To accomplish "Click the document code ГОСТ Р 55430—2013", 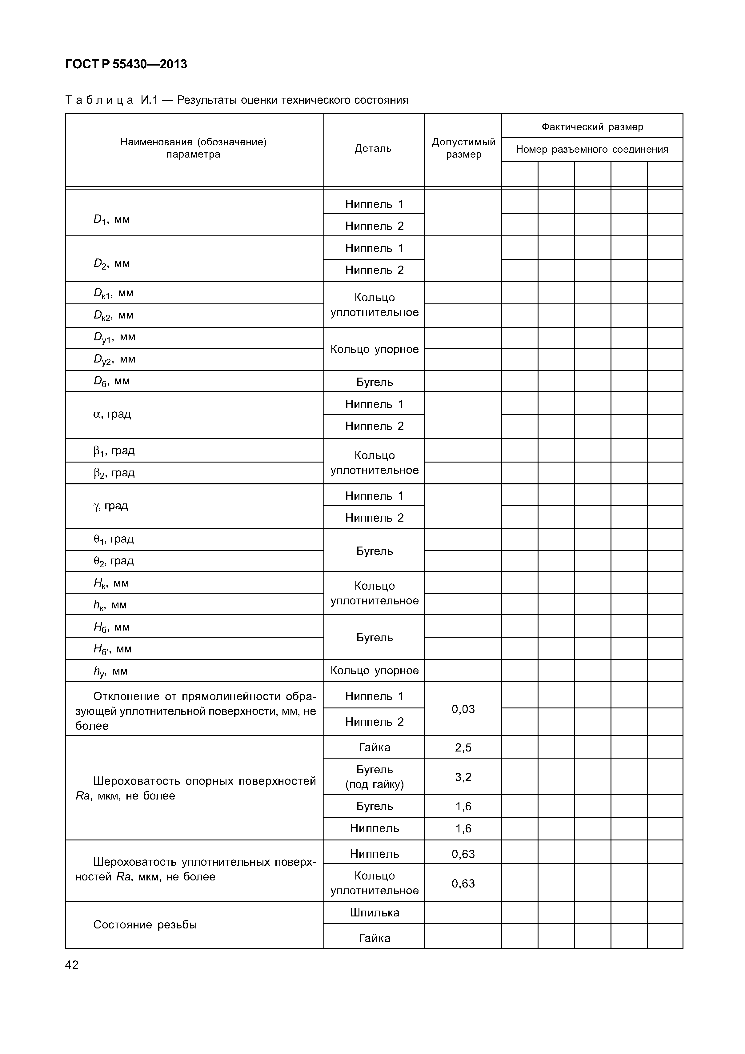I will coord(126,64).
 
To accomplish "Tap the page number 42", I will coord(72,964).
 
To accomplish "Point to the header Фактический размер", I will coord(592,127).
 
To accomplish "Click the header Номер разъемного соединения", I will coord(592,149).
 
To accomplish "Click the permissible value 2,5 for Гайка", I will coord(463,747).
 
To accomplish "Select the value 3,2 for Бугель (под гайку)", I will coord(463,777).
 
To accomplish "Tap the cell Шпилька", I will coord(374,913).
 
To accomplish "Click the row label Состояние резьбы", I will coord(145,924).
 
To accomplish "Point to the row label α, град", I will coord(112,414).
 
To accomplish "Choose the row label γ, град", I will coord(110,506).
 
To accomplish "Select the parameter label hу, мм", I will coord(110,671).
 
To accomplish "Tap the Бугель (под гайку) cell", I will coord(374,777).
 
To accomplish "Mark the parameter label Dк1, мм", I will coord(113,293).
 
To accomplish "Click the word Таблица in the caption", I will coord(99,100).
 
